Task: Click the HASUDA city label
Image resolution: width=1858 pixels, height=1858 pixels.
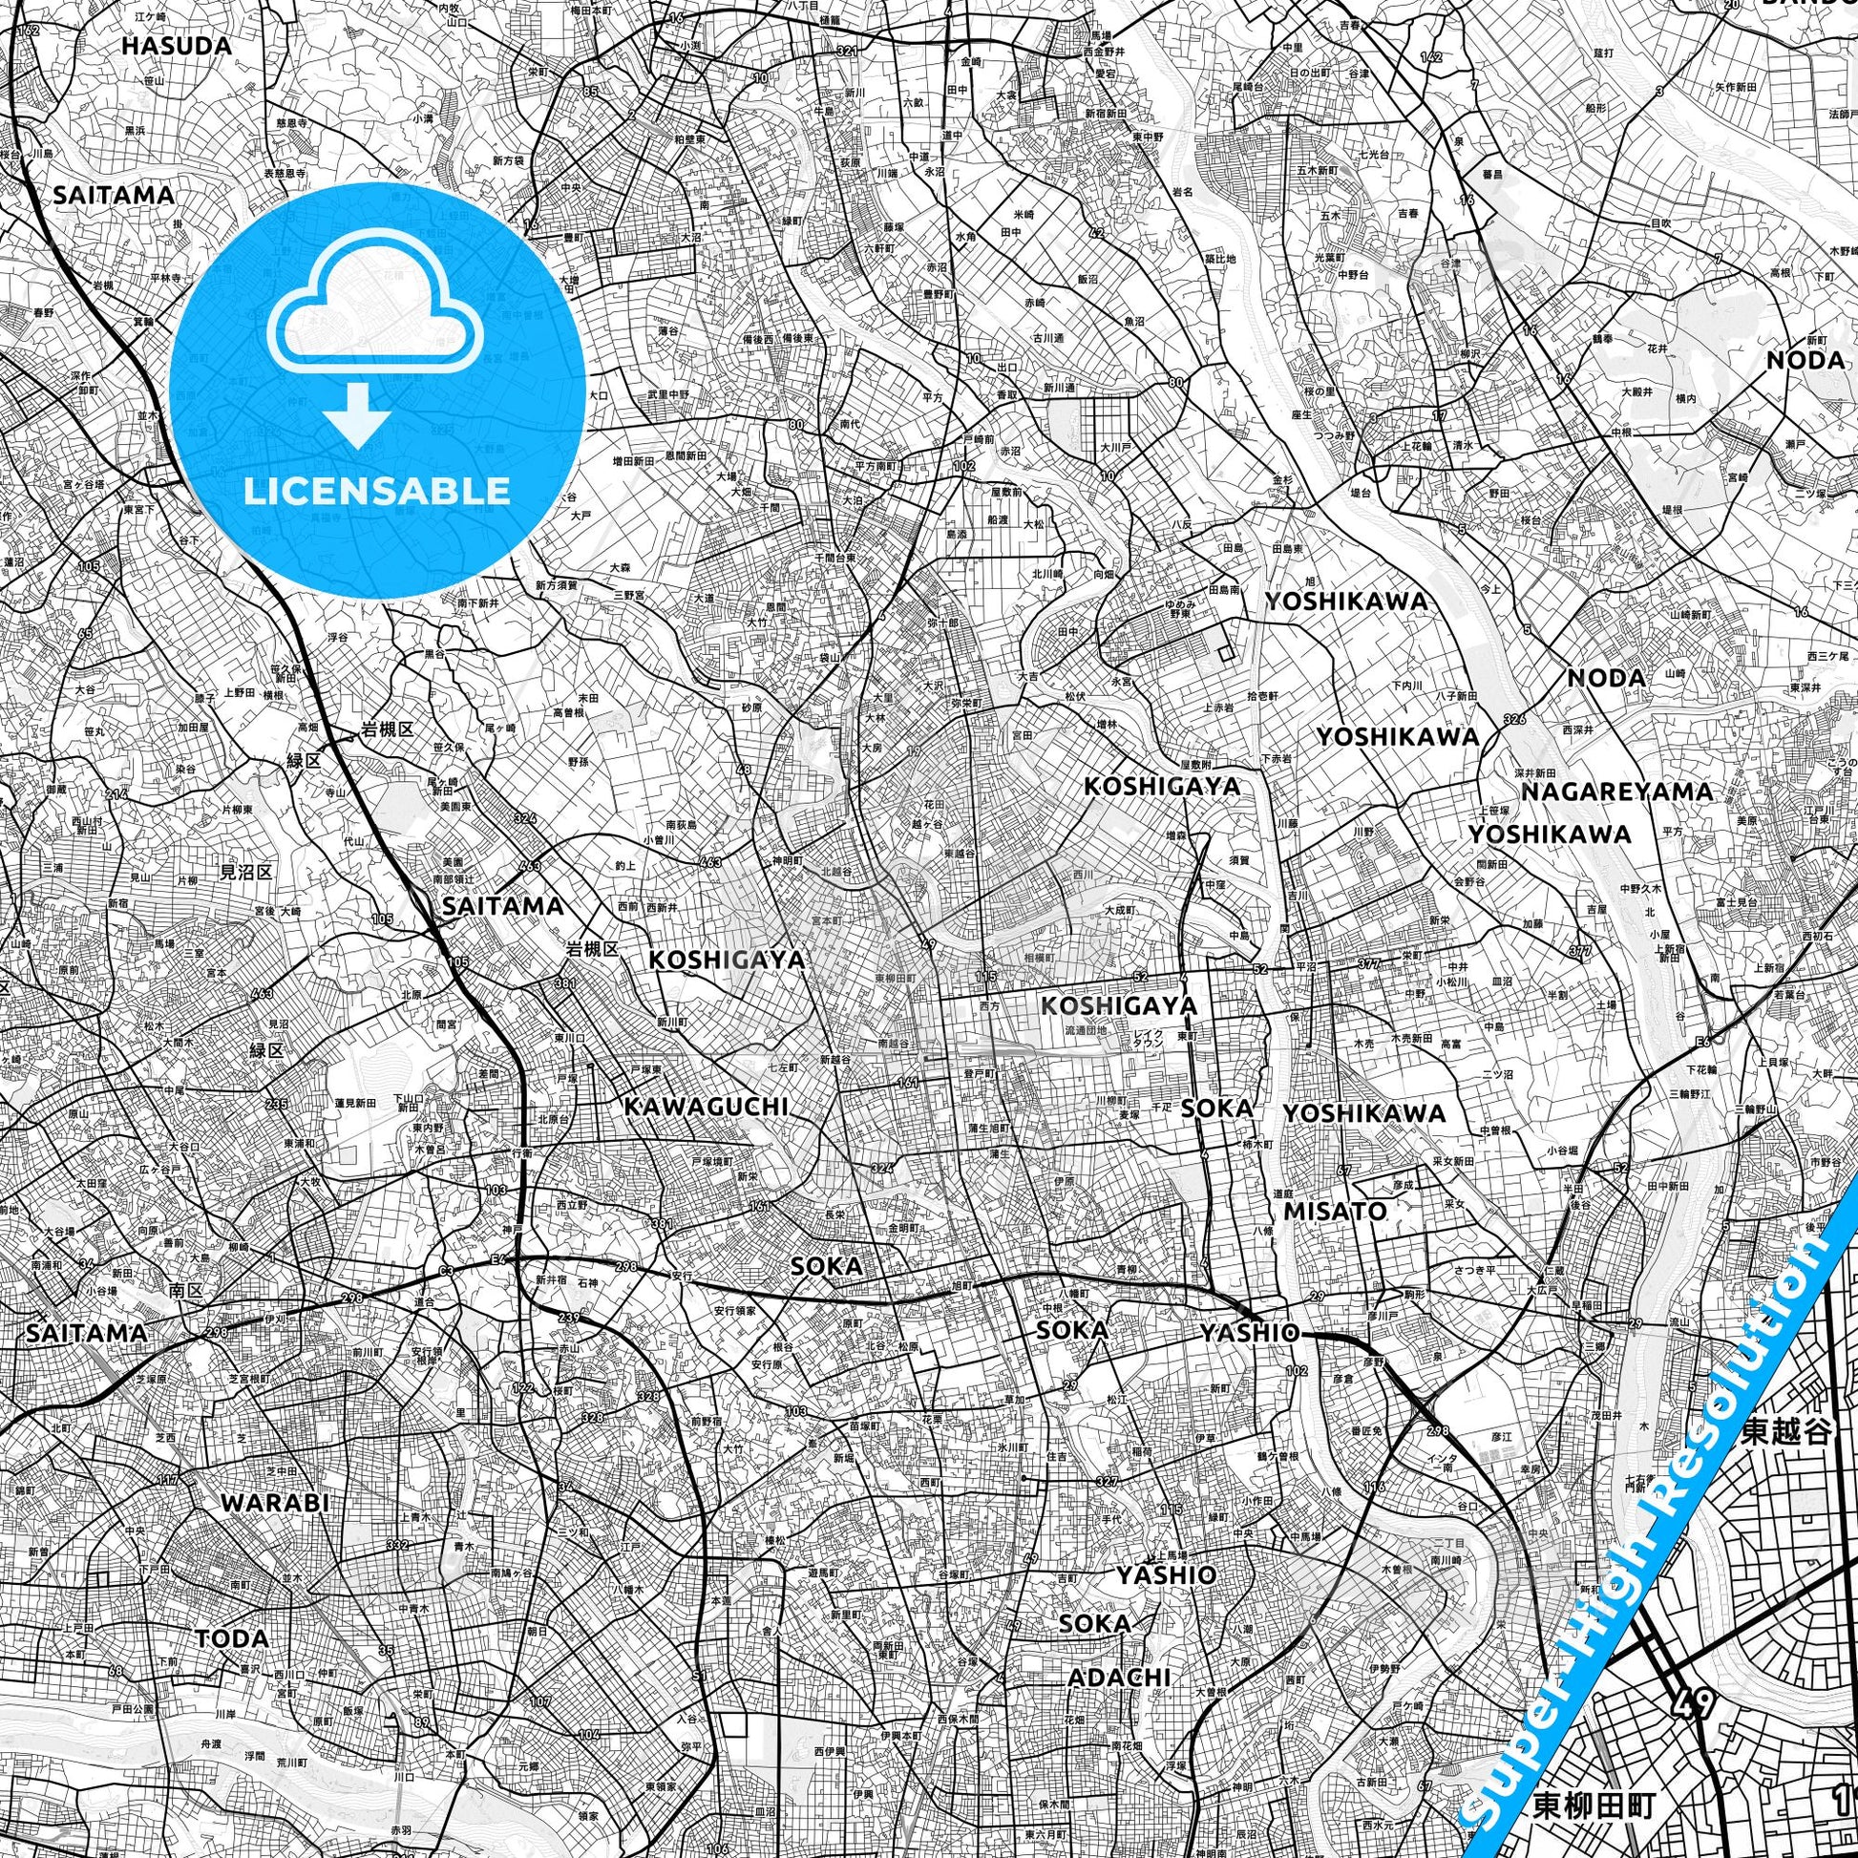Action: point(177,45)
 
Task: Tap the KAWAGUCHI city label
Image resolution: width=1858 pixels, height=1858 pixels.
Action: point(706,1107)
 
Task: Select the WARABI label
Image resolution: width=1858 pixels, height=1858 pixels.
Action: point(275,1502)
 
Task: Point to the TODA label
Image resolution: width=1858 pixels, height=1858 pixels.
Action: point(232,1637)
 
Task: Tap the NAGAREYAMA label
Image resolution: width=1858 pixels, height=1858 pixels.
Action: point(1616,792)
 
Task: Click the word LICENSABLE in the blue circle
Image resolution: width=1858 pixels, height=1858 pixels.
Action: point(376,491)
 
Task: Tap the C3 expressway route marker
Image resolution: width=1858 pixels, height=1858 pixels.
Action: point(446,1272)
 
